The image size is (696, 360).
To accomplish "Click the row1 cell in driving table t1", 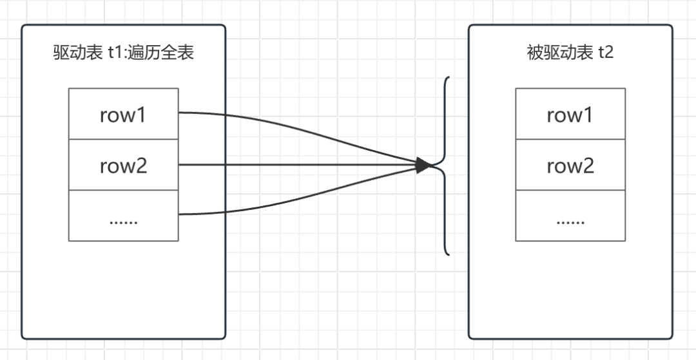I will click(123, 115).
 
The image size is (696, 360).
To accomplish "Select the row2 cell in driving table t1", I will click(123, 166).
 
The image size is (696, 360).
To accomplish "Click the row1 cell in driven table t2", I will click(570, 115).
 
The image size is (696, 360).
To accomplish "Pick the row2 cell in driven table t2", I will click(570, 166).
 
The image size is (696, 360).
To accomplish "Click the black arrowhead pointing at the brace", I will click(423, 166).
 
